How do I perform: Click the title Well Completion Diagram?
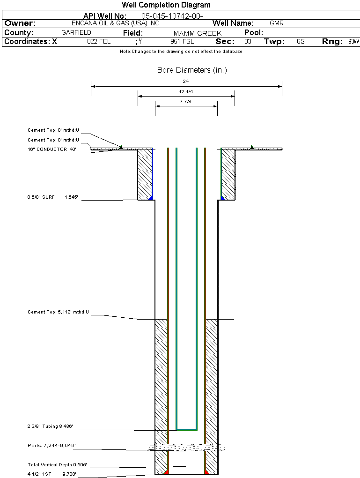coord(166,5)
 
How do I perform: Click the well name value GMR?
coord(277,23)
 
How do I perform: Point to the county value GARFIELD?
coord(76,33)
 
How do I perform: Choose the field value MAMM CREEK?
coord(197,33)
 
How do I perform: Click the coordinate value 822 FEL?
coord(99,42)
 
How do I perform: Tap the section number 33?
coord(248,42)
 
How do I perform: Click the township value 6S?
coord(301,42)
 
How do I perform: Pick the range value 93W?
coord(353,42)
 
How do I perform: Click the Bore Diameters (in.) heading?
coord(192,70)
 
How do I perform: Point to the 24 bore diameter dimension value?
coord(186,82)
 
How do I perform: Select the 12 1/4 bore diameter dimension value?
coord(186,91)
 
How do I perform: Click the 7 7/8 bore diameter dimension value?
coord(186,101)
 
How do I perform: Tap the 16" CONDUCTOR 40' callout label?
coord(51,149)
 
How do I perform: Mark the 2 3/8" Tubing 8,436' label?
coord(50,427)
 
